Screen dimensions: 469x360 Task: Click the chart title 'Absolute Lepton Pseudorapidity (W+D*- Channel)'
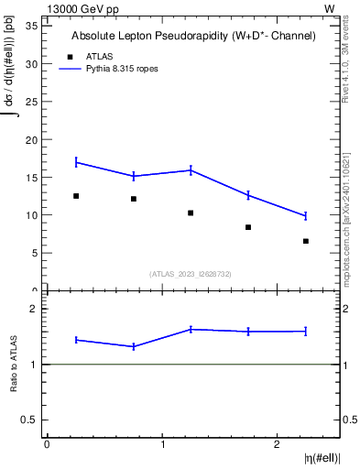pos(193,36)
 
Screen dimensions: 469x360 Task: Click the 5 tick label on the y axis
pos(36,253)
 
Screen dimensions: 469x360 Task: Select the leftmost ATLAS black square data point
pos(76,196)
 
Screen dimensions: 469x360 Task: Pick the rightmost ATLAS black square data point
pos(306,241)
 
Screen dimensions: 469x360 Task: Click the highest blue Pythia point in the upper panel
pos(76,162)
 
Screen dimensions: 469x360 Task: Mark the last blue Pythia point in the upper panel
pos(306,215)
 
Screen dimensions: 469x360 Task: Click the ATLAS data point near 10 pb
pos(191,213)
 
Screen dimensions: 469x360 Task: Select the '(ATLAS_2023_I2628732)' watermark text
pos(191,273)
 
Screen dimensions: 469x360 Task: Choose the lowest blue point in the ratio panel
pos(134,346)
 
